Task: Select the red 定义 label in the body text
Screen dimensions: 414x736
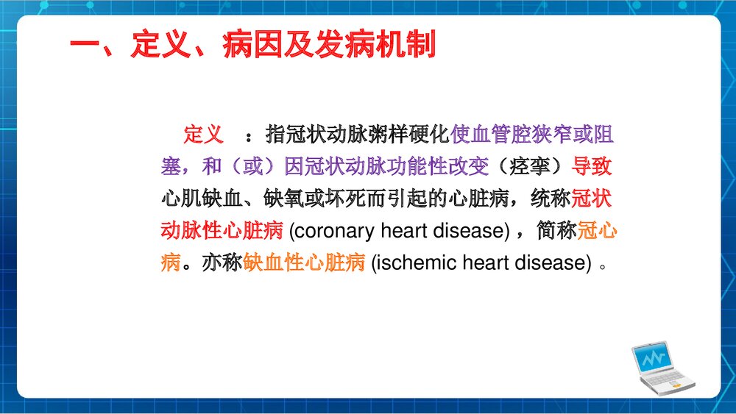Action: click(x=203, y=135)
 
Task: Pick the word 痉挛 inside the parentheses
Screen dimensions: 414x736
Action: click(x=531, y=167)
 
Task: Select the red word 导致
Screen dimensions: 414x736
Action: click(x=592, y=167)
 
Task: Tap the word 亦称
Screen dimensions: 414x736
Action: click(x=222, y=263)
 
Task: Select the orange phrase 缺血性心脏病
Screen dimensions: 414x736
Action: click(x=304, y=263)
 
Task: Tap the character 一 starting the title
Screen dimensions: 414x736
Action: click(x=85, y=45)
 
